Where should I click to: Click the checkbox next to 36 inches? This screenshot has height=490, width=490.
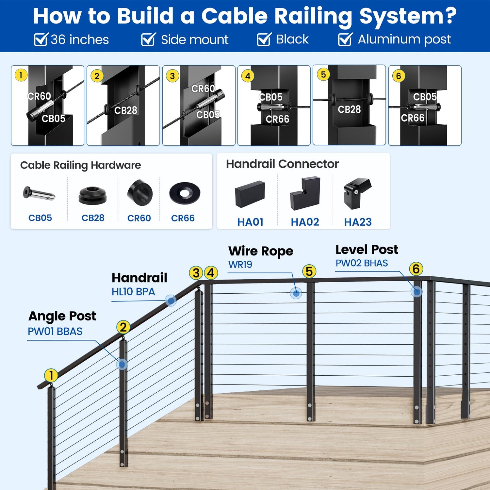tap(41, 40)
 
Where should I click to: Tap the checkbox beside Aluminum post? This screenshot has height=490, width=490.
tap(345, 40)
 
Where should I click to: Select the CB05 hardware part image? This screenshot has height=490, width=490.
tap(39, 194)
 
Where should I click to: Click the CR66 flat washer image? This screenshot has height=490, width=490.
tap(185, 193)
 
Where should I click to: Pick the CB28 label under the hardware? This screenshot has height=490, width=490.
tap(93, 218)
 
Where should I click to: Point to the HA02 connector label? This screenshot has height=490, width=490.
tap(305, 222)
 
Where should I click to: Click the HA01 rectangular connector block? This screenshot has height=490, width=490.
tap(250, 194)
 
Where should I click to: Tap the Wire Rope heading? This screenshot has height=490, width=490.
tap(261, 251)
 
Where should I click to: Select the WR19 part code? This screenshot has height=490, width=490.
tap(240, 265)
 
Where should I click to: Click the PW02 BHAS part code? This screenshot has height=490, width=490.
tap(362, 263)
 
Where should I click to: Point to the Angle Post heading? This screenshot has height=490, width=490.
tap(62, 316)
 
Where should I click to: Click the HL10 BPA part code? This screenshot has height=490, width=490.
tap(133, 292)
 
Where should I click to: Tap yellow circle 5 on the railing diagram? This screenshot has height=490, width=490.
tap(309, 271)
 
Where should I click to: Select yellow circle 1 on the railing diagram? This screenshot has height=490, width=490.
tap(51, 375)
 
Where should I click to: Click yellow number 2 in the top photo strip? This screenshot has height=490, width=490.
tap(97, 76)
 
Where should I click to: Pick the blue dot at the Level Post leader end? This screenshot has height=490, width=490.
tap(416, 291)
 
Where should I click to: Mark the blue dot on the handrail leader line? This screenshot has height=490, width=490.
tap(171, 301)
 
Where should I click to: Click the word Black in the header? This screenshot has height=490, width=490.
tap(292, 40)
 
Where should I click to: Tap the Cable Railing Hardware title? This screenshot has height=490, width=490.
tap(80, 165)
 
